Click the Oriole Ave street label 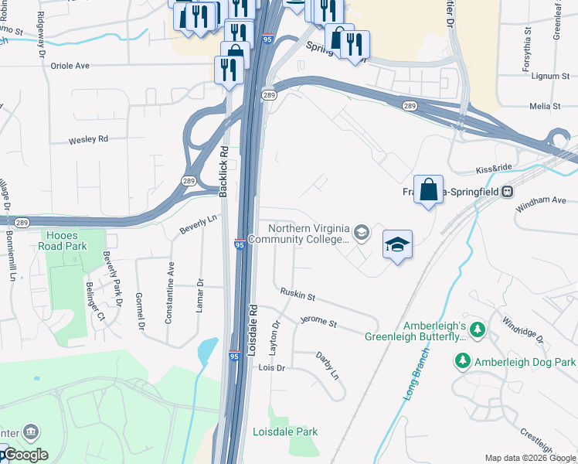click(70, 66)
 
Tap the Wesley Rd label click(88, 140)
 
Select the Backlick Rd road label click(223, 170)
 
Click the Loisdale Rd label click(253, 329)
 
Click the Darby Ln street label click(328, 365)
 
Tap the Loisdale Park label click(285, 432)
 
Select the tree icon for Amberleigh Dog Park click(463, 361)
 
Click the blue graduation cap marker click(397, 244)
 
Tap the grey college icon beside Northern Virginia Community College click(361, 232)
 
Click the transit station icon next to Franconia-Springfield click(508, 191)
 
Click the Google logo click(25, 455)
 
